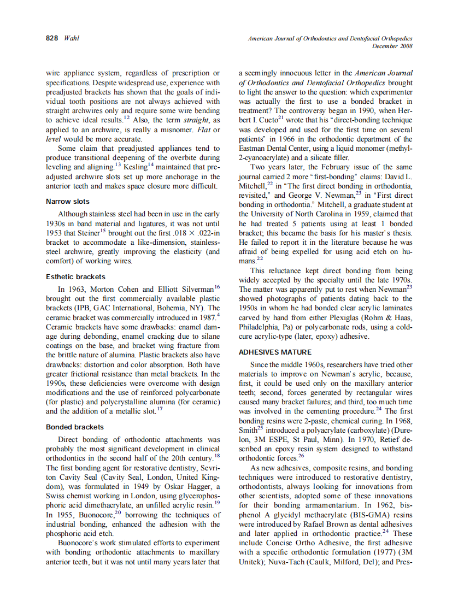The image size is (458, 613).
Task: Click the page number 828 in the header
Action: tap(52, 38)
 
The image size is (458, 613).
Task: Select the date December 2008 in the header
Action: tap(392, 46)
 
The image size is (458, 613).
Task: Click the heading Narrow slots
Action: tap(68, 202)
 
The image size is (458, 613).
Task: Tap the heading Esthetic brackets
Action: tap(75, 277)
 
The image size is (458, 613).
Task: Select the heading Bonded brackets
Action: tap(75, 427)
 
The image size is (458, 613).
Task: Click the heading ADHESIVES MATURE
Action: tap(275, 352)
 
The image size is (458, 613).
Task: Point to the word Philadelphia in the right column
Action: tap(259, 327)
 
